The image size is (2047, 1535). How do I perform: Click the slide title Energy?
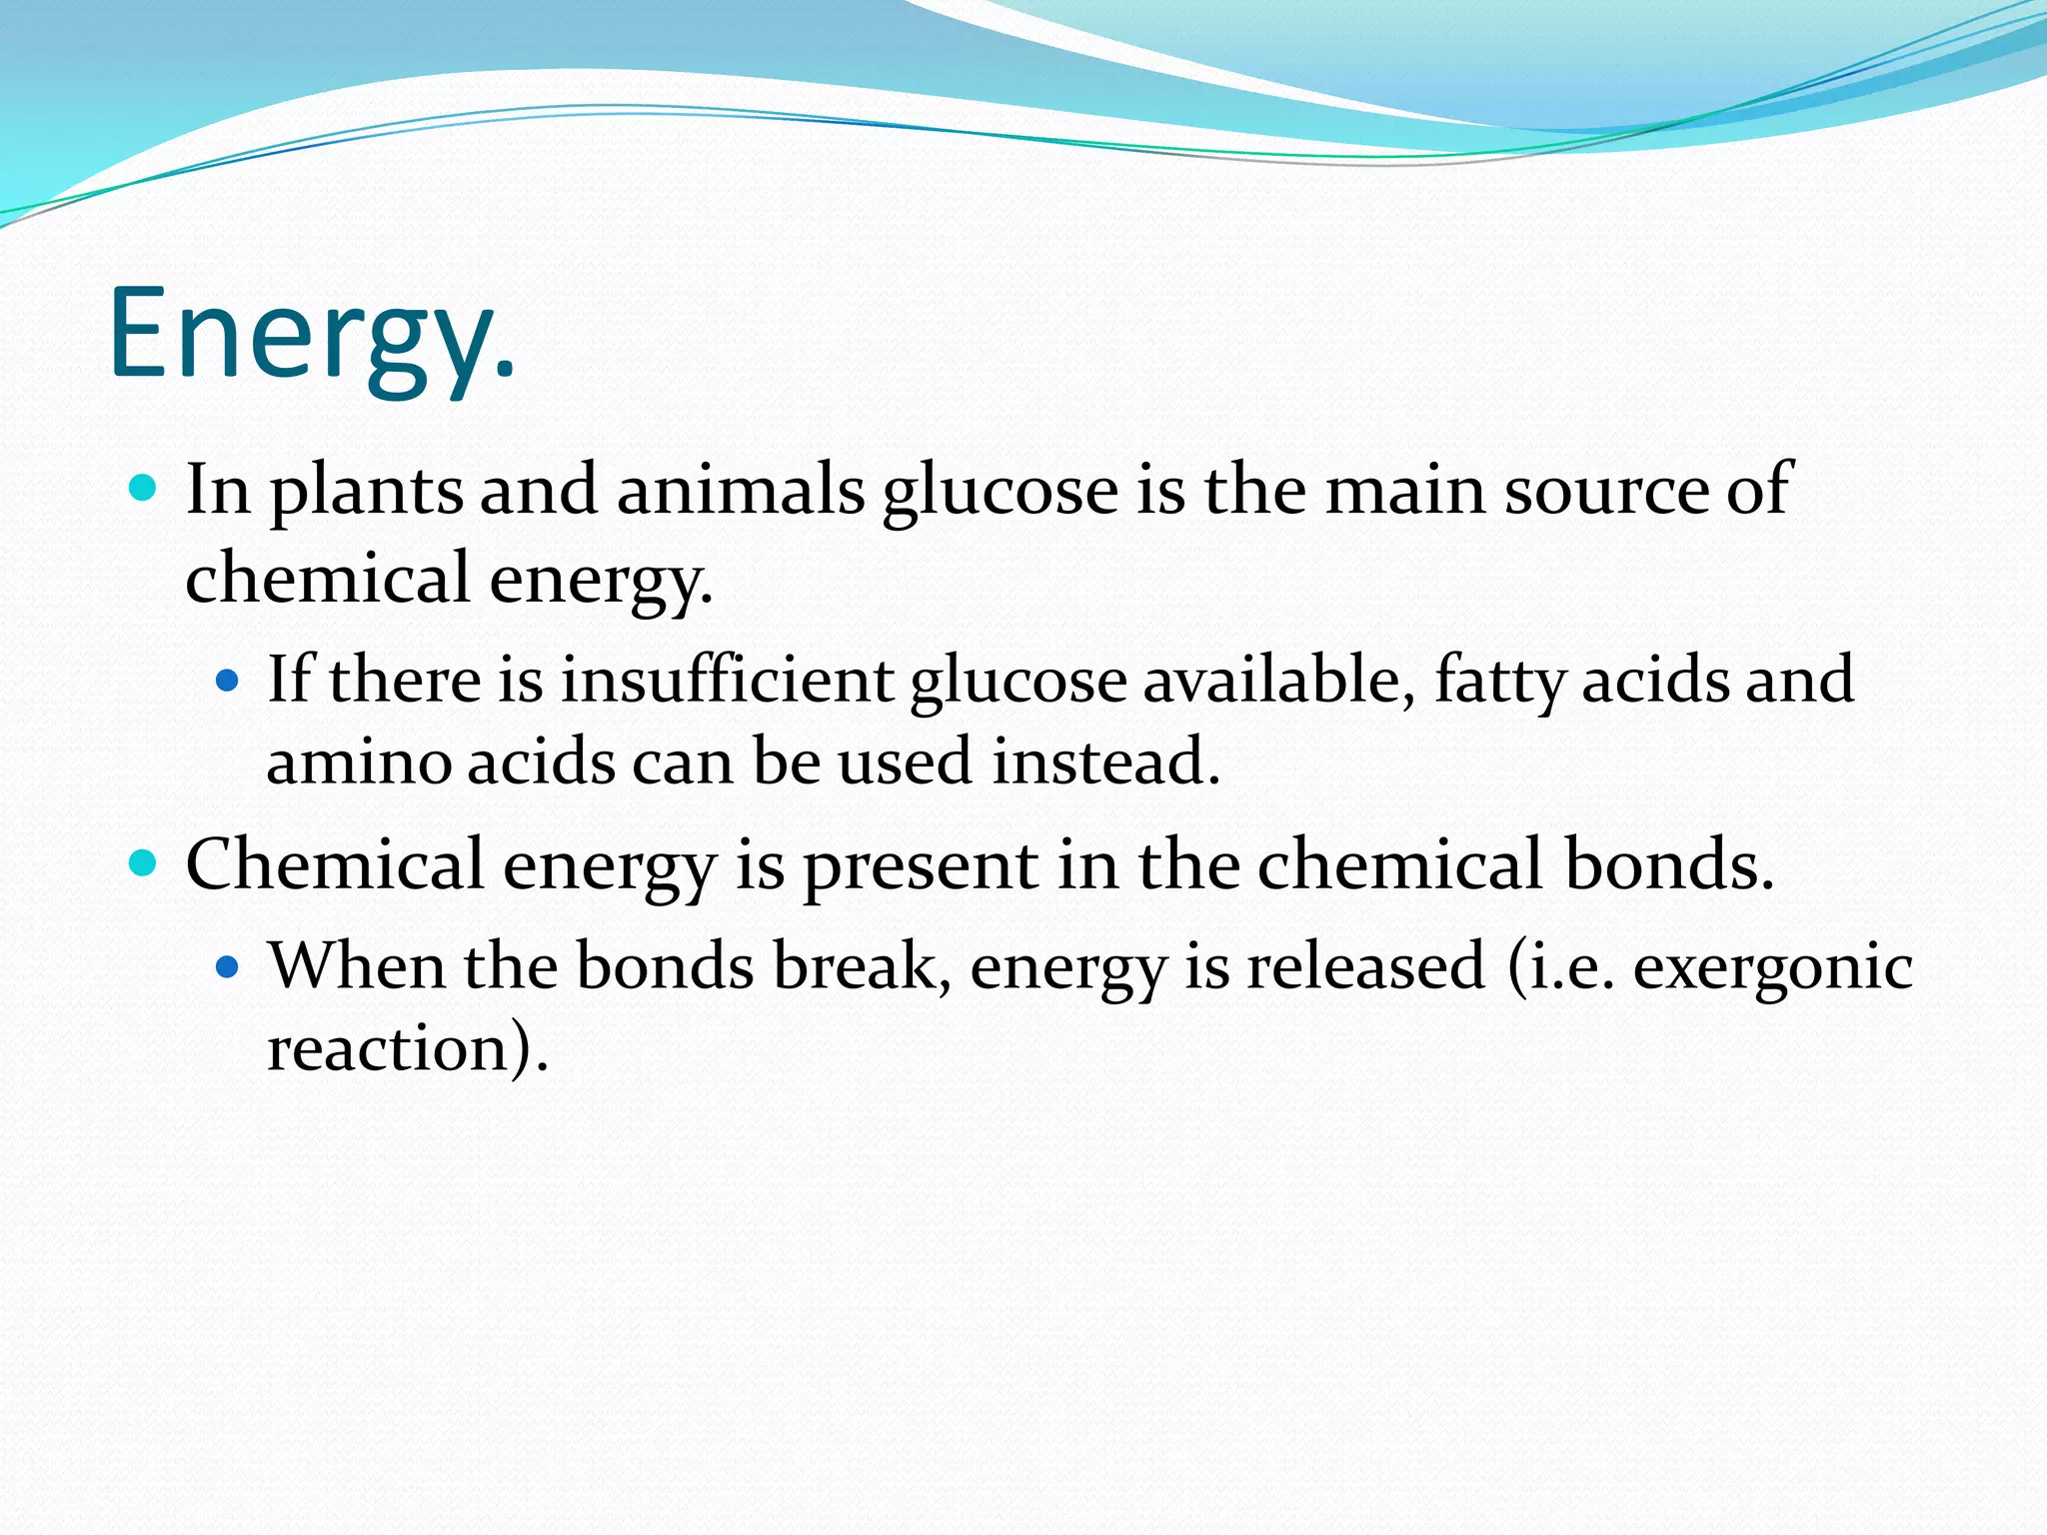312,335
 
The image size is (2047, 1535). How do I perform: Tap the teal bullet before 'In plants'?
144,489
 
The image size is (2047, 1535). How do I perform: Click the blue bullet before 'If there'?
228,682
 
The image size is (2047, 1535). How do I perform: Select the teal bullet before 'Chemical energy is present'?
144,862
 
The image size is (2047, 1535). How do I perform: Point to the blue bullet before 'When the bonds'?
228,967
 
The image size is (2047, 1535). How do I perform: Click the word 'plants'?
367,492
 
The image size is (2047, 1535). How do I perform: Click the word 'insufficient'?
727,680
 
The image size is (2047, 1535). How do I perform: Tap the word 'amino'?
358,762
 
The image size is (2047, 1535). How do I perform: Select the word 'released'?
1365,967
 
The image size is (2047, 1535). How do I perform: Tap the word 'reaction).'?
408,1049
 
